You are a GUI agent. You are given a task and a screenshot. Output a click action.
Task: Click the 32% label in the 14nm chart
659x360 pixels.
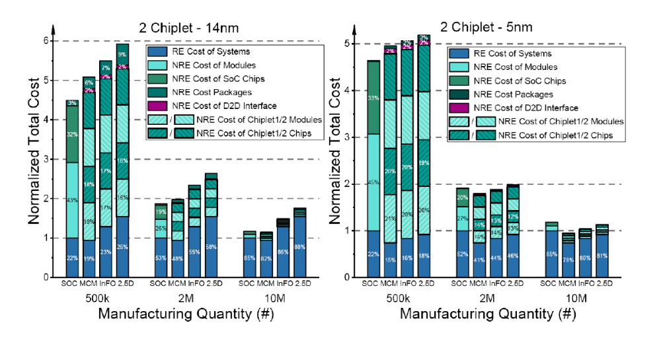[x=73, y=134]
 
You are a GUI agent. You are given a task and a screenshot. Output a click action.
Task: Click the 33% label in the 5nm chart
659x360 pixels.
[x=374, y=98]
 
